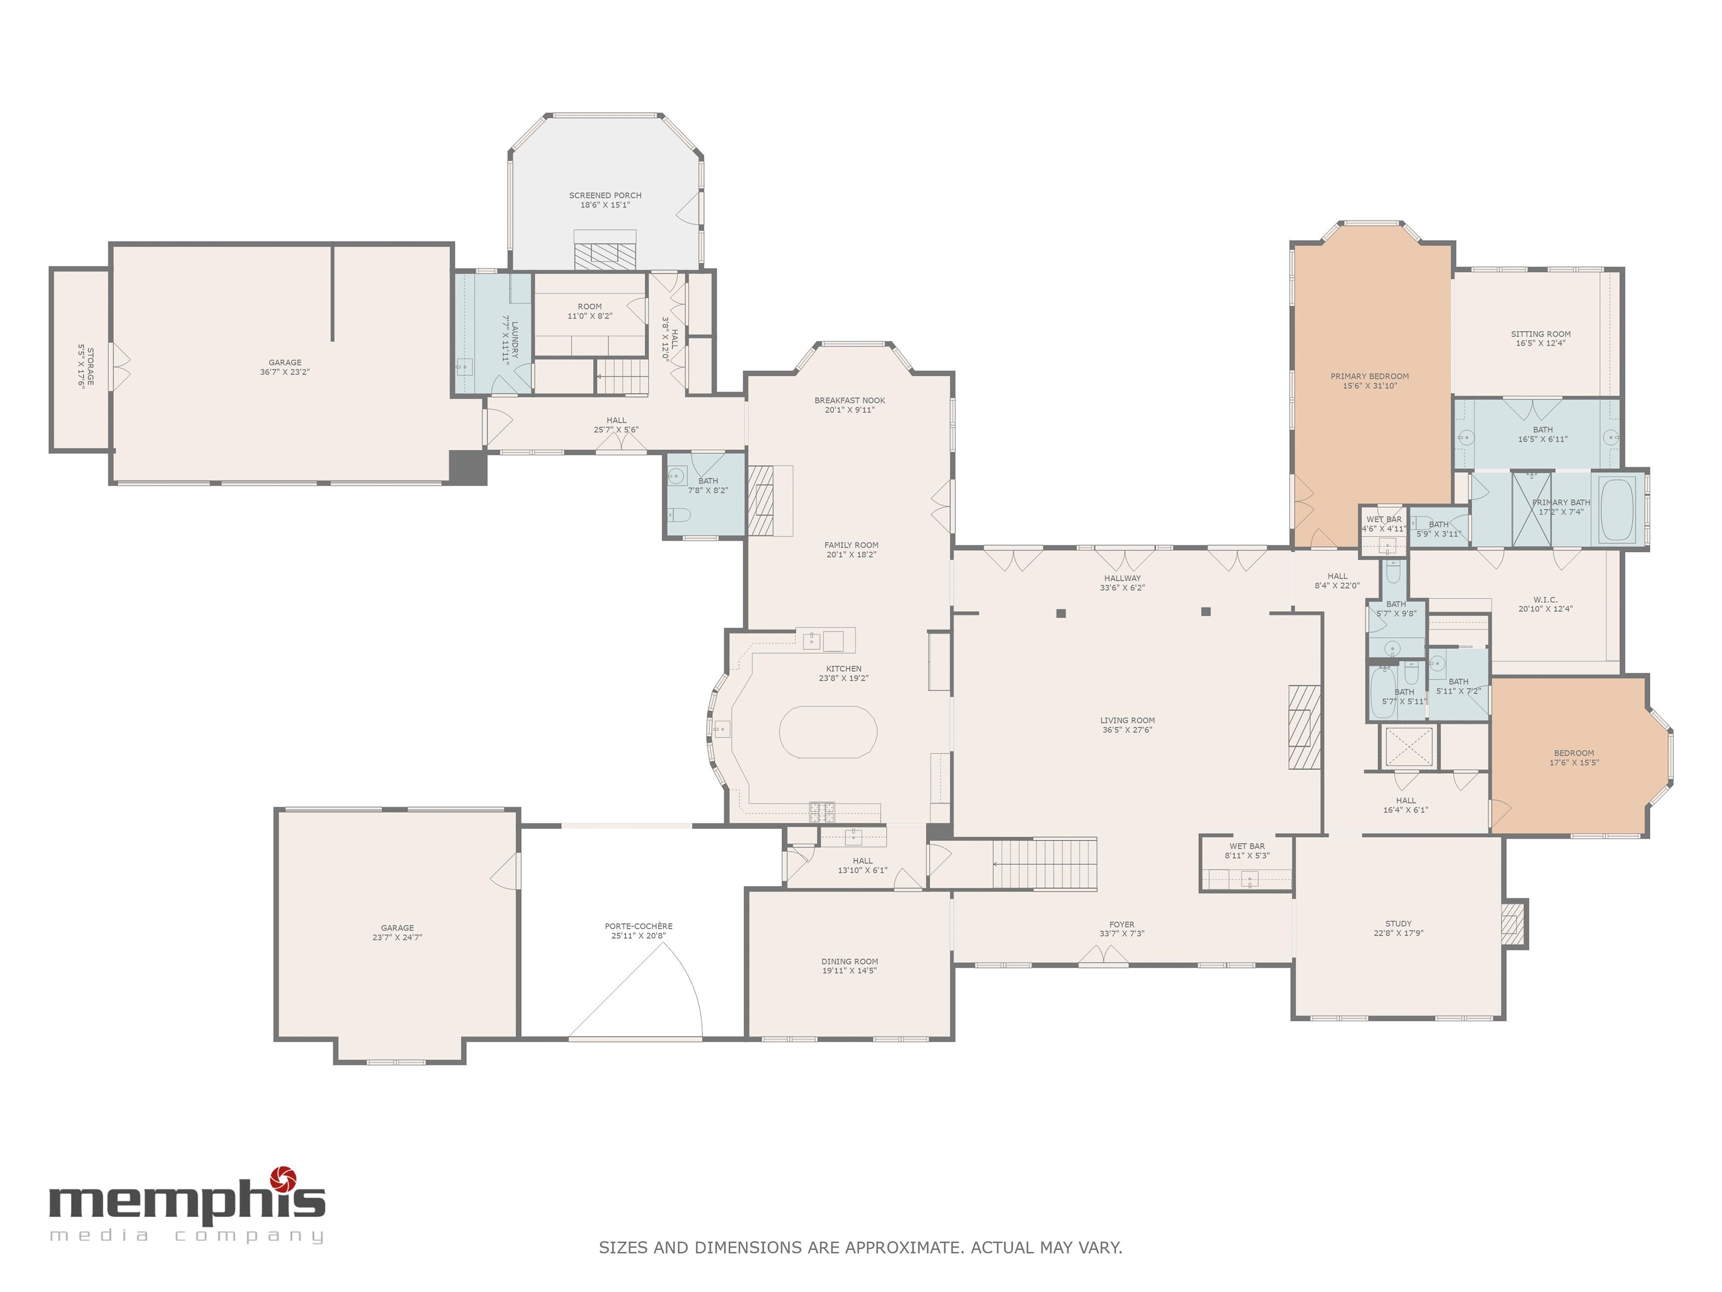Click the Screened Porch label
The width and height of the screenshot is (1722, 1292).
coord(605,196)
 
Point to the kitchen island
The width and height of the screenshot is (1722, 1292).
coord(828,732)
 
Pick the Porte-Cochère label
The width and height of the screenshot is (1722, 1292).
coord(638,926)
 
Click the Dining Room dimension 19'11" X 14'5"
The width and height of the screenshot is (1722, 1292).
coord(849,971)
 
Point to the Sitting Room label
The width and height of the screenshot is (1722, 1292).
coord(1540,334)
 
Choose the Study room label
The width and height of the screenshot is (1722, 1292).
coord(1398,924)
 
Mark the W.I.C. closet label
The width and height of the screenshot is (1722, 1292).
coord(1545,599)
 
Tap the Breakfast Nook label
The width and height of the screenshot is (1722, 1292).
coord(849,400)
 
